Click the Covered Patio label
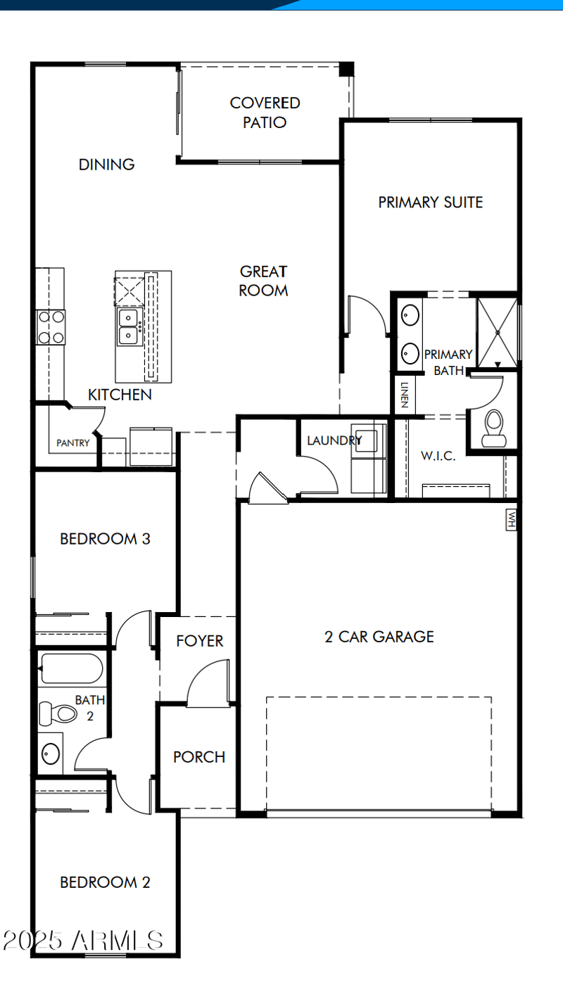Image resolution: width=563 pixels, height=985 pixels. coord(265,113)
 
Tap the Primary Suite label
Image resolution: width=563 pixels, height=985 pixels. coord(431,203)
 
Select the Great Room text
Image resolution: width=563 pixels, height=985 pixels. coord(263,281)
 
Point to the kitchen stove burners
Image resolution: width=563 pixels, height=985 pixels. coord(51,327)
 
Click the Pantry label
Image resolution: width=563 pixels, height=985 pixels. coord(73,443)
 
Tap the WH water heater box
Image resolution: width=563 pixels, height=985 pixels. coord(512,520)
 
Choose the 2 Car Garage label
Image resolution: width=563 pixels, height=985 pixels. coord(379,637)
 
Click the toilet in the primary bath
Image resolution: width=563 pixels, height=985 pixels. coord(494,426)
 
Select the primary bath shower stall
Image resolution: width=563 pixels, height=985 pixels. coord(498,331)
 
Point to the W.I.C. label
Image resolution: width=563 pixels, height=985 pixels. coord(438,456)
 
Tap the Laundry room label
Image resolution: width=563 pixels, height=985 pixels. coord(334,441)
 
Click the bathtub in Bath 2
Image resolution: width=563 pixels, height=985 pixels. coord(71,668)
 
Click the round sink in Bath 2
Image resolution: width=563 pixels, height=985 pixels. coord(51,754)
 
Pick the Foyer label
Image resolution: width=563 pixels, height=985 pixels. coord(200,641)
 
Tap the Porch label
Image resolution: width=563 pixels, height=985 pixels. coord(199,757)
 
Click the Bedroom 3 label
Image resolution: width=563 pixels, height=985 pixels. coord(105,539)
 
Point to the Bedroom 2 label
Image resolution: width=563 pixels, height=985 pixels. coord(105,882)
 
